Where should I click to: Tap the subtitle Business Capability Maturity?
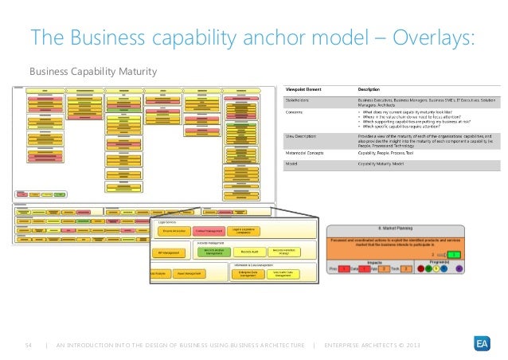[x=93, y=72]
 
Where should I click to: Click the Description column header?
[x=368, y=88]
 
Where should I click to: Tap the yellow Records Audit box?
[x=247, y=252]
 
